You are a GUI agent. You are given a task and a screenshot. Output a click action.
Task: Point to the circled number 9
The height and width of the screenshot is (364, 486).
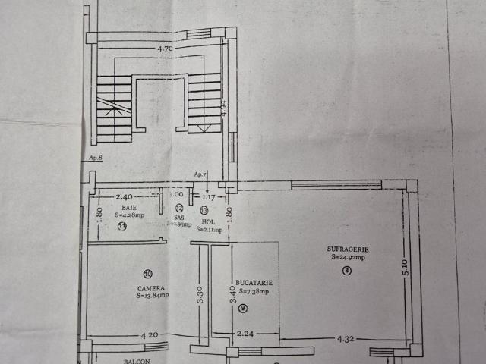(243, 308)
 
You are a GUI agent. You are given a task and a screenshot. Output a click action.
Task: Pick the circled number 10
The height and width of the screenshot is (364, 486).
(147, 273)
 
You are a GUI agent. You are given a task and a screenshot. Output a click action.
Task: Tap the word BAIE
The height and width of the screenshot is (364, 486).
(128, 207)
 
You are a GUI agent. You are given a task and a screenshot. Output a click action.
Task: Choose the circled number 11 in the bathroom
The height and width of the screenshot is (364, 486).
(121, 225)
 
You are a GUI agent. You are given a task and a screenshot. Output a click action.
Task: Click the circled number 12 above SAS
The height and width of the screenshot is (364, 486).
(179, 208)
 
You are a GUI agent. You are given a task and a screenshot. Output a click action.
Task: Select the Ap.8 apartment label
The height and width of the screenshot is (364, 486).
(95, 158)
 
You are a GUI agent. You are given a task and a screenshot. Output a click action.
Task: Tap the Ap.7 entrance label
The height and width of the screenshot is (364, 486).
(201, 174)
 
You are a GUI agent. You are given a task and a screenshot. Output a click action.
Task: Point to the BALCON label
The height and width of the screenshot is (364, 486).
(137, 361)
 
